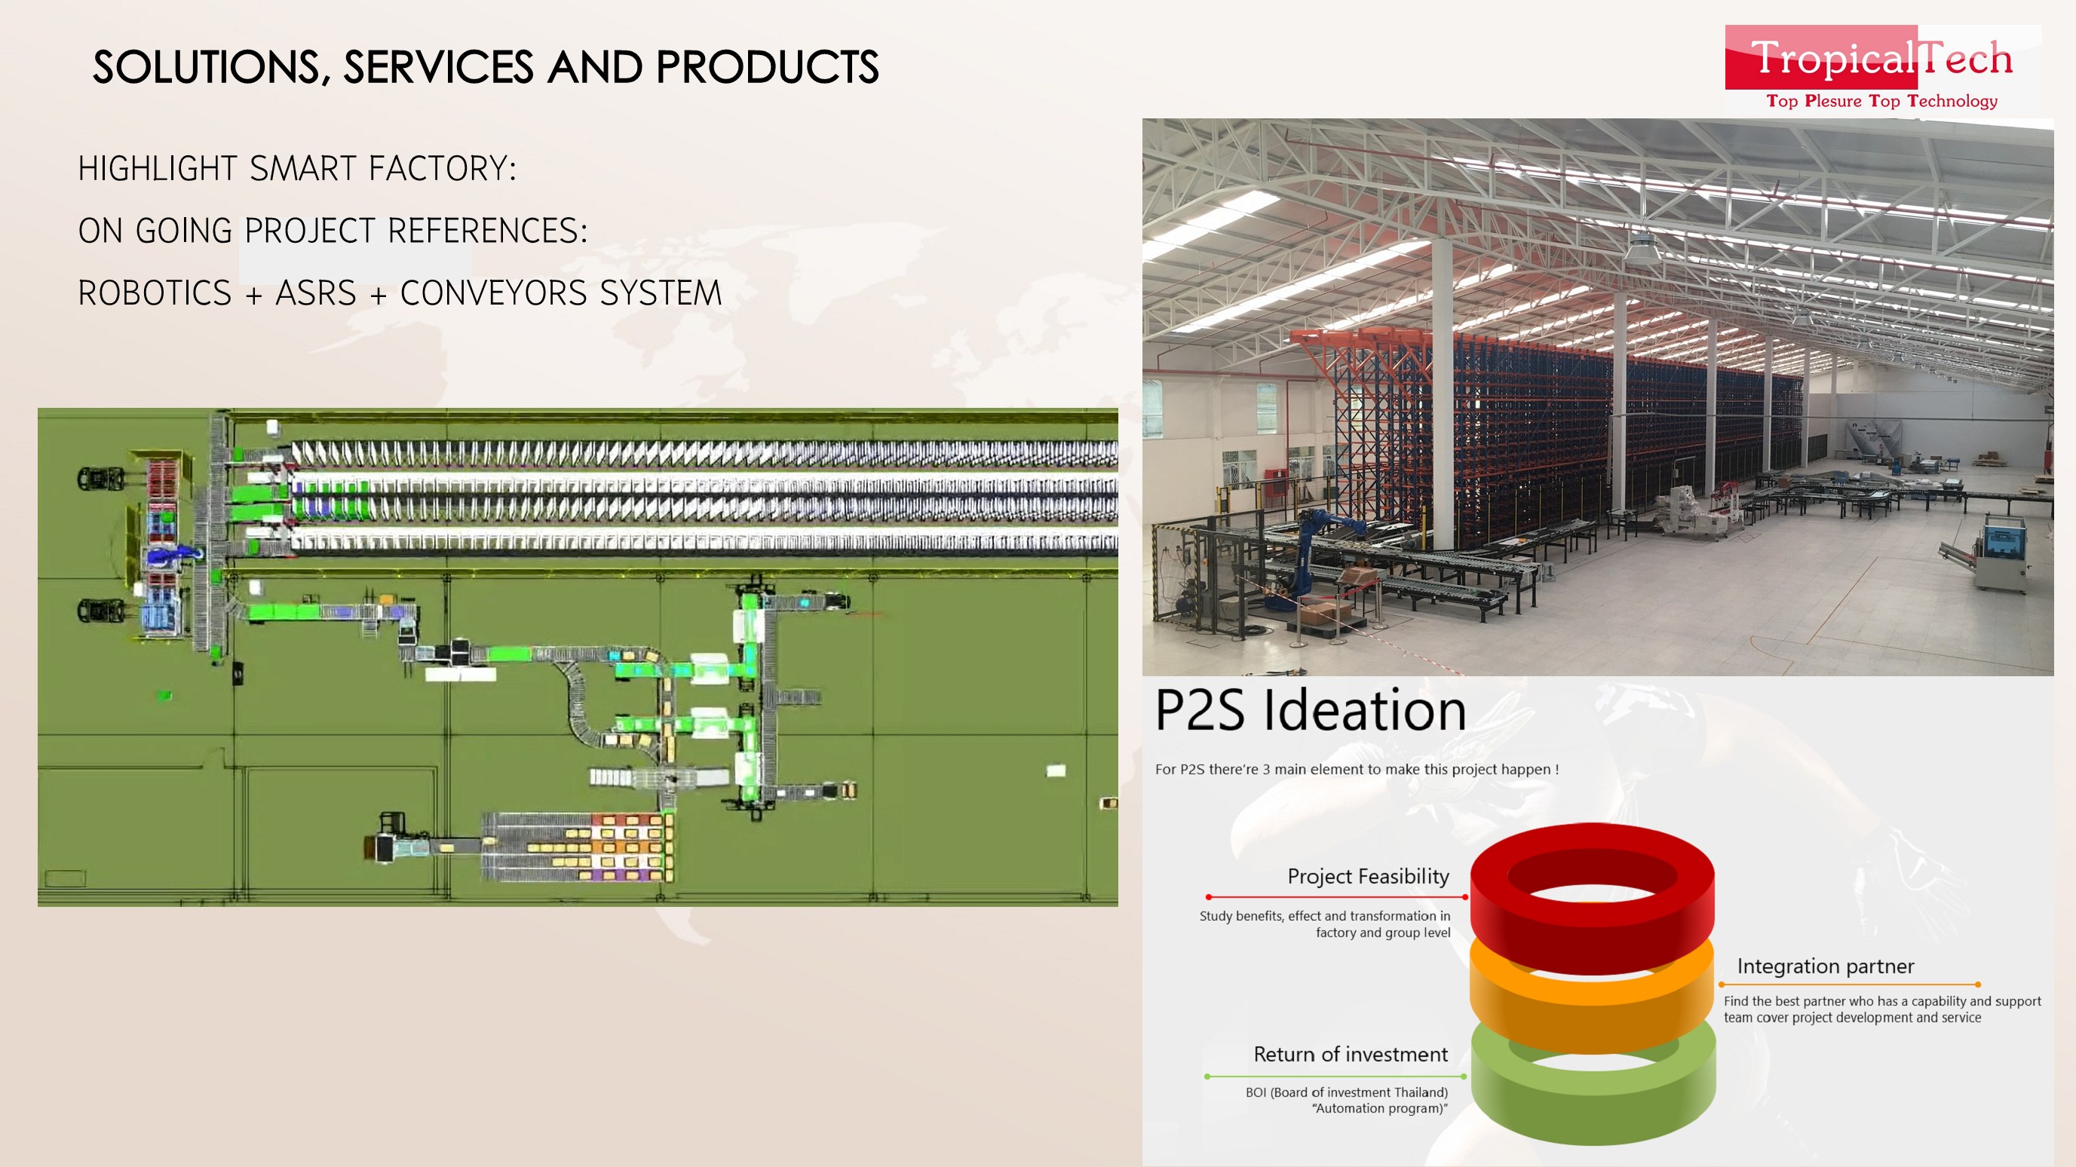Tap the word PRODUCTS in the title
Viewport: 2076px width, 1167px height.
[767, 67]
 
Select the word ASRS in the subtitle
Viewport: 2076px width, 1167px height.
[316, 293]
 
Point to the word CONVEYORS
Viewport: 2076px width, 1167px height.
[493, 293]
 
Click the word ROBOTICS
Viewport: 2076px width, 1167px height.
[155, 293]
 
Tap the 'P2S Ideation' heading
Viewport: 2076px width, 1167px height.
[1311, 710]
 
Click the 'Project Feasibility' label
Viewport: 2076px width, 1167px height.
[1368, 877]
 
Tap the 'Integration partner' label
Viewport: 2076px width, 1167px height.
[1826, 966]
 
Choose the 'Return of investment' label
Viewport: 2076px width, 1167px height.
[1351, 1054]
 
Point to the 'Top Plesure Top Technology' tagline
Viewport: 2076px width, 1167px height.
[1881, 101]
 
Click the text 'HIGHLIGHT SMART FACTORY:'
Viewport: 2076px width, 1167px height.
[297, 168]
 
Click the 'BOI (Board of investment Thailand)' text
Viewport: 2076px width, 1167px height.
[1347, 1092]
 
